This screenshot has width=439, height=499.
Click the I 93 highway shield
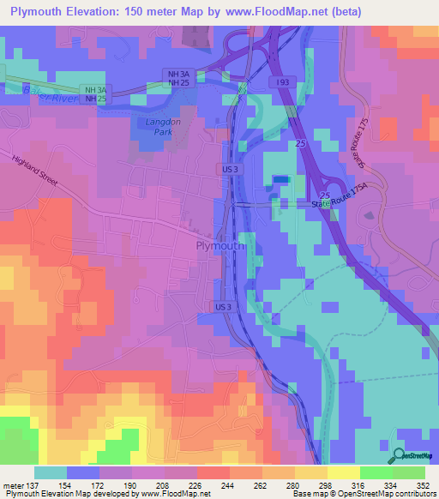click(283, 81)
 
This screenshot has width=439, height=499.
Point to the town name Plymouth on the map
click(217, 246)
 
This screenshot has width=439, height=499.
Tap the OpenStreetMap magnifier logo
click(399, 454)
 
